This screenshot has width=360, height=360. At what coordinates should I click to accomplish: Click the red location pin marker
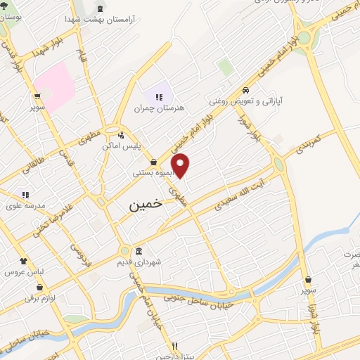point(181,165)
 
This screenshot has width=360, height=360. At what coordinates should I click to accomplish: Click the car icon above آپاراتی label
point(245,91)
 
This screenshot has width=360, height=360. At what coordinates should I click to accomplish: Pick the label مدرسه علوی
point(26,205)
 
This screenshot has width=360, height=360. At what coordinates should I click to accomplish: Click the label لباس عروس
point(22,271)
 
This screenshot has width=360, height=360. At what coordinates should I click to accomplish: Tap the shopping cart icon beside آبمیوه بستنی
point(153,162)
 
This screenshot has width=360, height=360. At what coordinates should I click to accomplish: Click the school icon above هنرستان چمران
point(159,97)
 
